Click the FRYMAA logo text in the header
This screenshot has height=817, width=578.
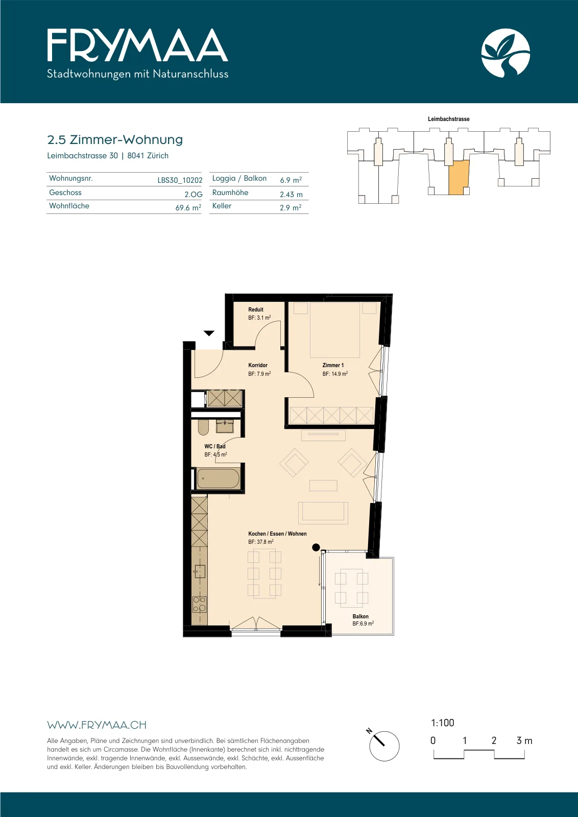137,45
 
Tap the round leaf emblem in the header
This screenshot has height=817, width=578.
505,53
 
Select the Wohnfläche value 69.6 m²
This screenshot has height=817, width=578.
188,207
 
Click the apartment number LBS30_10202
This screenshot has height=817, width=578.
180,180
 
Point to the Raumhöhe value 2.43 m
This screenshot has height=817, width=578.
291,195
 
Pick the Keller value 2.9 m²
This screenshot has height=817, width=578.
291,207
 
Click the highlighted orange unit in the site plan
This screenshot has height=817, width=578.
459,178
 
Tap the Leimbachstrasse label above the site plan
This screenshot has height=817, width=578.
448,119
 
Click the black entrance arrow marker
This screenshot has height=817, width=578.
209,333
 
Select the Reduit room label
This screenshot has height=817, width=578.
256,309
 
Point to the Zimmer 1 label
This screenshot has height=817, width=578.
333,365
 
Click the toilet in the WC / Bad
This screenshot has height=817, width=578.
203,427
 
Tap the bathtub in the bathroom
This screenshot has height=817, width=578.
218,478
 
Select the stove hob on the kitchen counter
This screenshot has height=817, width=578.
200,605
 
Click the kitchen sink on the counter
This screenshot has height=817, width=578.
200,571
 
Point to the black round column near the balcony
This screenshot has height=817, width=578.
316,547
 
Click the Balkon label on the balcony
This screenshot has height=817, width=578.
360,616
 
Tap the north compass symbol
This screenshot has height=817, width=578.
383,746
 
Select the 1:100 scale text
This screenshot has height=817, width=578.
442,723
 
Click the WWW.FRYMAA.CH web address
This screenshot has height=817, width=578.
97,725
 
